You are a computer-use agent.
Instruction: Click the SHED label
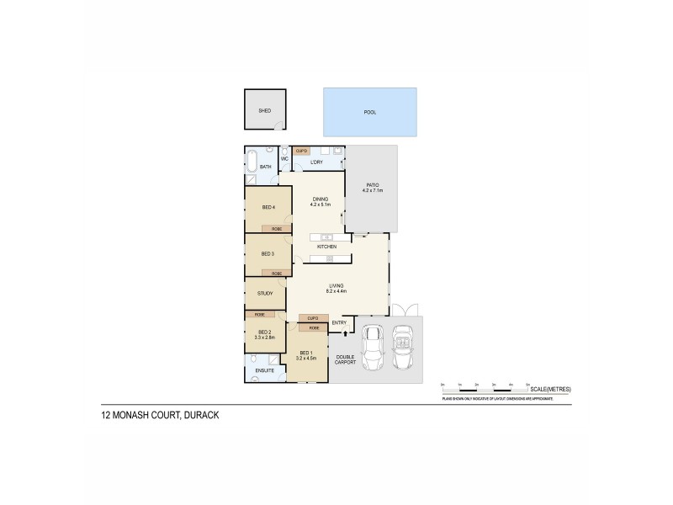[x=264, y=110]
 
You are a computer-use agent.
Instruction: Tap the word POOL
[x=370, y=112]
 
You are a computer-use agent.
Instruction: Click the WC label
[x=284, y=158]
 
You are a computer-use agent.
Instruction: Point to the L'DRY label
[x=316, y=162]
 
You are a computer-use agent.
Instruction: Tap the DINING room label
[x=321, y=199]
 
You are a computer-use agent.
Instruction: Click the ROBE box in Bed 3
[x=276, y=273]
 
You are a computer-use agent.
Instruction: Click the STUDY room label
[x=265, y=294]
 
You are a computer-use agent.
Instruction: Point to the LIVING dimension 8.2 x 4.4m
[x=337, y=292]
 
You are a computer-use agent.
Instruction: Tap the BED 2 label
[x=265, y=332]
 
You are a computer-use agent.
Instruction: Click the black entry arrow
[x=345, y=334]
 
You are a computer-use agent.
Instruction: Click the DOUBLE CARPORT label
[x=346, y=360]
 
